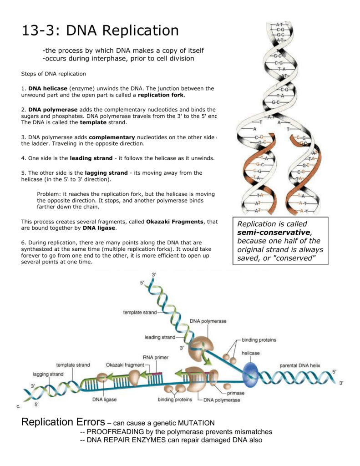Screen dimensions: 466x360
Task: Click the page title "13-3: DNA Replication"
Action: click(100, 30)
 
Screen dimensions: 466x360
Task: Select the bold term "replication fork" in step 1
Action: click(161, 95)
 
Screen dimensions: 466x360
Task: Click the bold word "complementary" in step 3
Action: click(112, 137)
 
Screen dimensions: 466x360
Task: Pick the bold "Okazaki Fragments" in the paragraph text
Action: click(175, 222)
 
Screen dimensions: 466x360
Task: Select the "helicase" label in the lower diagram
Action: click(250, 353)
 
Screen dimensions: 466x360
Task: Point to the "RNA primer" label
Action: click(155, 357)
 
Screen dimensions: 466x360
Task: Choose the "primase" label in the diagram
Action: click(235, 393)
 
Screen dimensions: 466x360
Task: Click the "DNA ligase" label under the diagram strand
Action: click(105, 400)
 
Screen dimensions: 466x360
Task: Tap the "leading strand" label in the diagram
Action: click(160, 337)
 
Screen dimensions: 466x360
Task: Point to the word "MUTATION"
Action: click(196, 423)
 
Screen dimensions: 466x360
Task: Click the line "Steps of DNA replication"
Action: click(53, 74)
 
